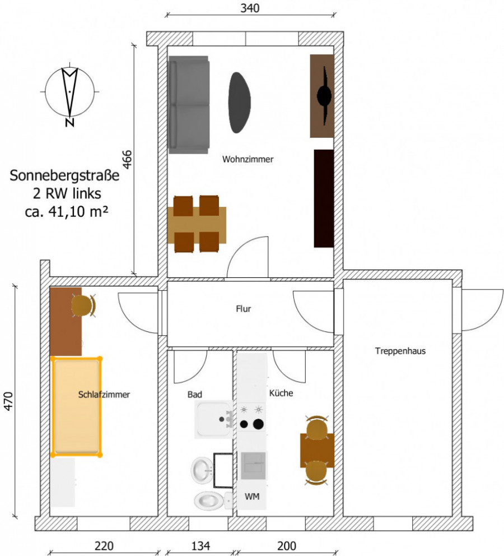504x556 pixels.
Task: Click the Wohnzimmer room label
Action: (248, 159)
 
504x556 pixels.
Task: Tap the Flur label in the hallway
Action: (244, 309)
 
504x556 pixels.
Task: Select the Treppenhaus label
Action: (400, 351)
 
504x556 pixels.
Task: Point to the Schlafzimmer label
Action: (104, 395)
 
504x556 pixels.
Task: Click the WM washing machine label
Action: (252, 497)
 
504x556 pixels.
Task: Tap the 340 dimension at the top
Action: (250, 8)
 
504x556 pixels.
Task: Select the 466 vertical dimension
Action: (127, 160)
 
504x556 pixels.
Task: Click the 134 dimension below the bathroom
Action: (200, 546)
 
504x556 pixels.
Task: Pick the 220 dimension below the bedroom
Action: (104, 546)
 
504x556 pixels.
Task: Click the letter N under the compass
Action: (70, 123)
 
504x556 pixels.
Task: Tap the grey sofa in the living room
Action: (189, 105)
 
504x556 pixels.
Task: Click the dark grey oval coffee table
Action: (240, 103)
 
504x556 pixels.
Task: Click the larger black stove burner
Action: (258, 424)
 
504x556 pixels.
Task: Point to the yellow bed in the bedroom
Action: (77, 407)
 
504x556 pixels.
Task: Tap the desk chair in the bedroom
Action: (83, 305)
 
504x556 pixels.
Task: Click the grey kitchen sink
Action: (253, 466)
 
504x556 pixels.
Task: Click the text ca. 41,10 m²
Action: (67, 212)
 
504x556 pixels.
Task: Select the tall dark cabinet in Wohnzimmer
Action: (324, 198)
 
